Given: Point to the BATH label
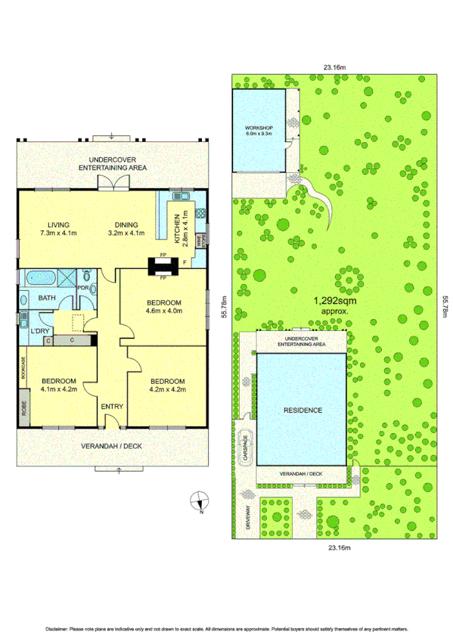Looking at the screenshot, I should (x=48, y=299).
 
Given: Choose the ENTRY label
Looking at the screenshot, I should (x=111, y=407).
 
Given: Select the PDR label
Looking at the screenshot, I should (x=83, y=287).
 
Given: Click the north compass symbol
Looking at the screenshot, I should (x=200, y=500).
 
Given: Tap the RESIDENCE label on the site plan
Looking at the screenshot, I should (x=303, y=410).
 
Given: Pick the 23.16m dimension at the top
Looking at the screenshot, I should (x=334, y=67).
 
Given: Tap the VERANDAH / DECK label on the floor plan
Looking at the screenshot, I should (x=111, y=447).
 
